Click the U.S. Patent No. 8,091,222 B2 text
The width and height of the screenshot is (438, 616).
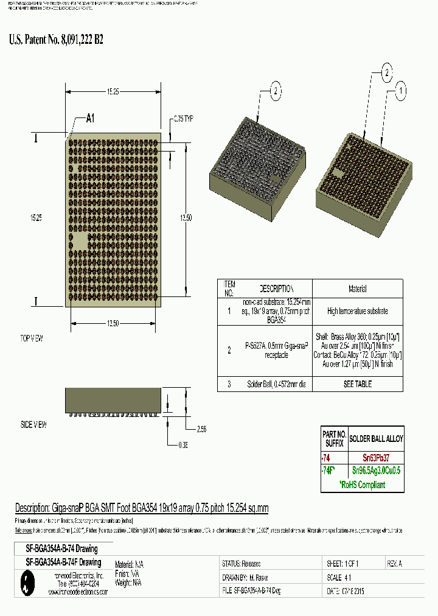pos(57,40)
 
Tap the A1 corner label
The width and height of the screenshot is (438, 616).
pos(90,119)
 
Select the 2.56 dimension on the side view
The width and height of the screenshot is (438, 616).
pos(201,429)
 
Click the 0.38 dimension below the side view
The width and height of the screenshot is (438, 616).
pos(183,445)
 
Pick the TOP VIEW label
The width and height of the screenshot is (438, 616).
pos(32,338)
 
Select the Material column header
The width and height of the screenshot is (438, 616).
pos(357,289)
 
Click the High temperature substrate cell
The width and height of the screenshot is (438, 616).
pos(357,311)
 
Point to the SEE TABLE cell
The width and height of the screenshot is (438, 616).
pos(357,384)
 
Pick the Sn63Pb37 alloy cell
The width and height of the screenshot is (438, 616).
pos(375,457)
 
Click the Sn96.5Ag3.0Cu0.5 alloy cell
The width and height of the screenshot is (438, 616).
pos(375,471)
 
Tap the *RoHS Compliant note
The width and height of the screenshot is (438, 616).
pos(363,485)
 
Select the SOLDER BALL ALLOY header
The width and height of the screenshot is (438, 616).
pos(375,438)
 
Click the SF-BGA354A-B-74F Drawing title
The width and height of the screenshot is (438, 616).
pos(64,562)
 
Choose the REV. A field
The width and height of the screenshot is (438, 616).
pos(394,564)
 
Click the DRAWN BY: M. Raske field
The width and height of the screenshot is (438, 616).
pos(246,577)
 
